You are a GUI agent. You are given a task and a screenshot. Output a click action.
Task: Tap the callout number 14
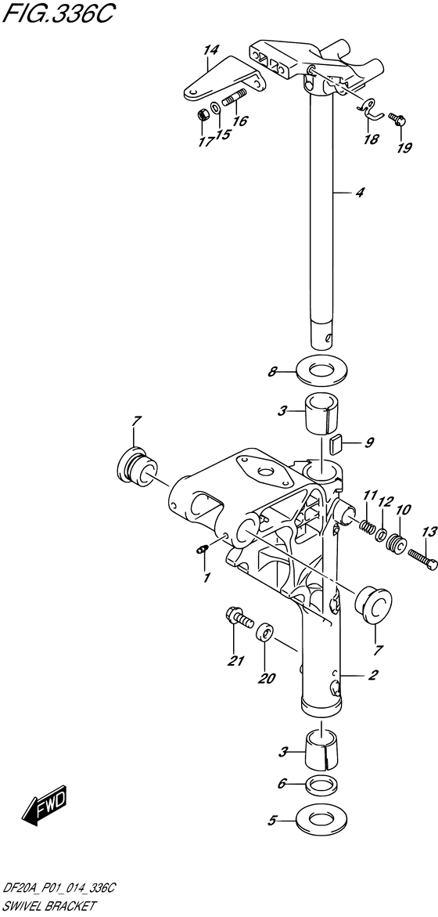(210, 51)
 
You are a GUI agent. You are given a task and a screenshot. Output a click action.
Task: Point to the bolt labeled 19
(399, 121)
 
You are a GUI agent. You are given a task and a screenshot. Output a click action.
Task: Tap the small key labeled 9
(336, 444)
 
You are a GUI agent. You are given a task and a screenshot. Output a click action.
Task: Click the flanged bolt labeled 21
(239, 618)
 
